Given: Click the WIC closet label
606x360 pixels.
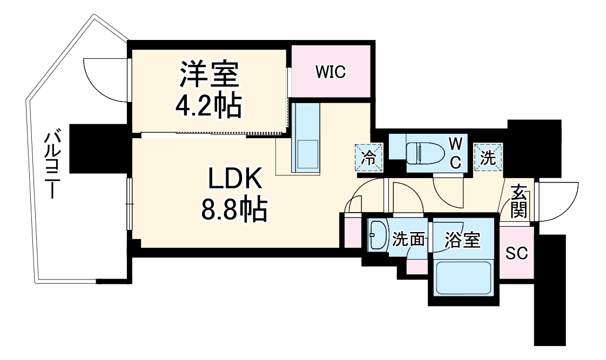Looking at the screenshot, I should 331,72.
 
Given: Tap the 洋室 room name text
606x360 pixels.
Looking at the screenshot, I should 210,76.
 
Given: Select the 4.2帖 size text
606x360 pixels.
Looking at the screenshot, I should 208,106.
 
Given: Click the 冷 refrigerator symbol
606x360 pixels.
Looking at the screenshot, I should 369,158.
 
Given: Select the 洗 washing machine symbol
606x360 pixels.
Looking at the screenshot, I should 488,158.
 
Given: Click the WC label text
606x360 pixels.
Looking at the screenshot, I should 455,152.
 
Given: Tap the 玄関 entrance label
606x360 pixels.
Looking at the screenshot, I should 519,201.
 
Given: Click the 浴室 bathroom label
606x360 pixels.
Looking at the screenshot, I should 462,241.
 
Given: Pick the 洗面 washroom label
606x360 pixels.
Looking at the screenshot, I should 408,240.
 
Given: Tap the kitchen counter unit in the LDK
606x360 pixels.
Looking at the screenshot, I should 306,138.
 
